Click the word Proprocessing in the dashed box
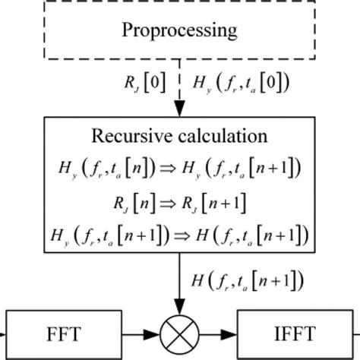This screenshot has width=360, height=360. coord(179,31)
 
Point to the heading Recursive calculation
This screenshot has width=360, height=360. coord(179,136)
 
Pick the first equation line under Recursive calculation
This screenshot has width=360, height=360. coord(180,168)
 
